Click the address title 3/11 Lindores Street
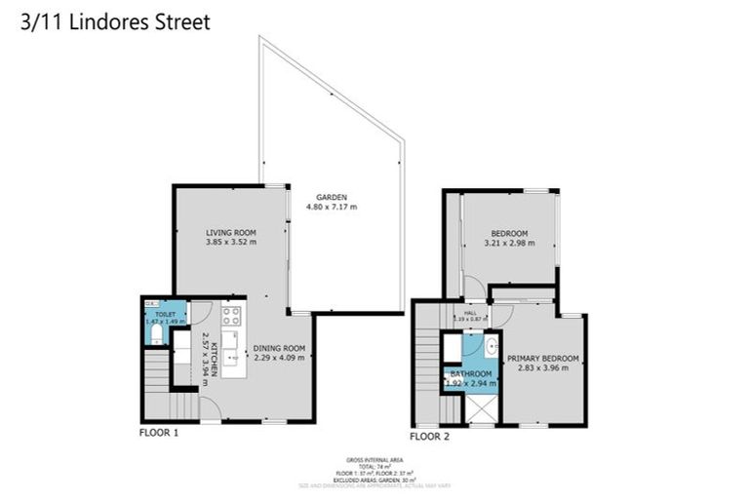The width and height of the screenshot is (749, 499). (115, 21)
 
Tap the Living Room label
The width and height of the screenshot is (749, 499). (230, 232)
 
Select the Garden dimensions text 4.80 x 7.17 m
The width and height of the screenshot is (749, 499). (332, 207)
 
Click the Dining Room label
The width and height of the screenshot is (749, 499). (280, 348)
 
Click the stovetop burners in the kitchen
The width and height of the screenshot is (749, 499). (231, 315)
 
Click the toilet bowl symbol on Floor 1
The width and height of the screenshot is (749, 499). (156, 334)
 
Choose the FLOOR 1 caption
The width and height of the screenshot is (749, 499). (159, 434)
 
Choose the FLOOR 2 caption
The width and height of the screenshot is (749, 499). (430, 437)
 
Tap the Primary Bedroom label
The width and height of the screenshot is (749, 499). (543, 358)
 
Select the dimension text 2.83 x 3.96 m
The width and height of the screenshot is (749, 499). (543, 367)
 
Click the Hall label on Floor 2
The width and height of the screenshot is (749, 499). (470, 312)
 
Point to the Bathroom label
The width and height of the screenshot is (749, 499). (470, 373)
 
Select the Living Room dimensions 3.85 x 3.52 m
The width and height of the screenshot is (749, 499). (230, 242)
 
